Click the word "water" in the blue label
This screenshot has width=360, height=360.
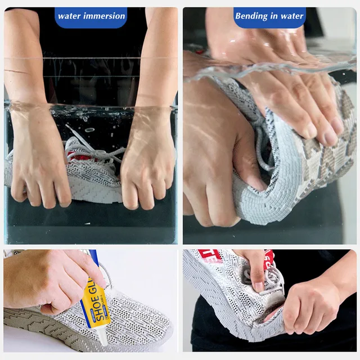pos(69,16)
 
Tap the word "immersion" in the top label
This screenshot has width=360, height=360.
pos(102,16)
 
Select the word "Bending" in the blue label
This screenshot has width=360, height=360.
pos(251,16)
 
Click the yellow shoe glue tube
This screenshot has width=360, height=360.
pos(93,304)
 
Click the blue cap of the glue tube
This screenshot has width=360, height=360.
pos(93,258)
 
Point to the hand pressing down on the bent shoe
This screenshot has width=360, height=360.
pos(292,101)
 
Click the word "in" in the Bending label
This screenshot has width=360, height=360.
pos(276,16)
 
